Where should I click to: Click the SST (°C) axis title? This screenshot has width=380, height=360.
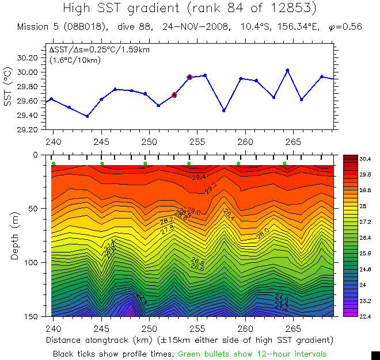coord(7,86)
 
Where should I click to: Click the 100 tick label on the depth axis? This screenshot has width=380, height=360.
coord(32,262)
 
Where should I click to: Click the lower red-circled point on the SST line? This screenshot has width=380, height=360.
coord(174,95)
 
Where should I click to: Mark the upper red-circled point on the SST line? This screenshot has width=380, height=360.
coord(189,77)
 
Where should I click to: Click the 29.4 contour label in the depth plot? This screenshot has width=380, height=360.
coord(199,177)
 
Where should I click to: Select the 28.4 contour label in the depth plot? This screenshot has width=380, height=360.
coord(228,215)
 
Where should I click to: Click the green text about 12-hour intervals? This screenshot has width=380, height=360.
coord(252,353)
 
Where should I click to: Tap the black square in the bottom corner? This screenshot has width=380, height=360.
coord(375,355)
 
